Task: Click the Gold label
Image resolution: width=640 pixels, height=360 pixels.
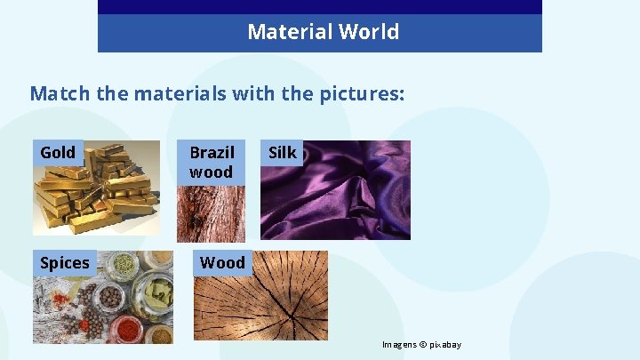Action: tap(58, 152)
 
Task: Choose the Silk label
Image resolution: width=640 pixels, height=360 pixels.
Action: tap(282, 152)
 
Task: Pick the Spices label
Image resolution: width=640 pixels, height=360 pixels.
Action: tap(64, 262)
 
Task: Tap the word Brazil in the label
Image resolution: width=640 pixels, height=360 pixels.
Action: tap(212, 152)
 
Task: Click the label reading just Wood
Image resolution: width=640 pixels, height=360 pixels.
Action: tap(221, 262)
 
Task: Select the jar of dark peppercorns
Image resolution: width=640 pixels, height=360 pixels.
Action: tap(113, 298)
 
